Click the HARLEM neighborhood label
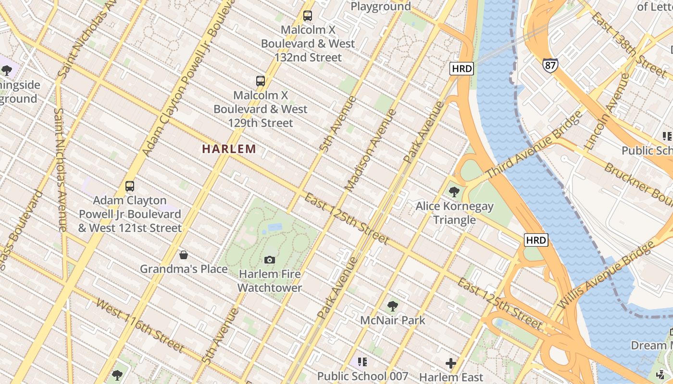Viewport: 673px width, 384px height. coord(229,149)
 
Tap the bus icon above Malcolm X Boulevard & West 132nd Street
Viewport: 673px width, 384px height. coord(308,16)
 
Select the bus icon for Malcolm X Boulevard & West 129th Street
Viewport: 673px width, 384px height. coord(260,81)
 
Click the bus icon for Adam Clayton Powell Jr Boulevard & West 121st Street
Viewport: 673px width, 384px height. coord(129,186)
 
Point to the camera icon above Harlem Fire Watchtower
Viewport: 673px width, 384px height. coord(270,260)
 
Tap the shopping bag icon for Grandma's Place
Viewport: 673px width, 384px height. coord(183,254)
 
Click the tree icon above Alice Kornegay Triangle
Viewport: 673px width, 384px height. coord(454,192)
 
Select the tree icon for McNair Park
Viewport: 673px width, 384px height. coord(393,305)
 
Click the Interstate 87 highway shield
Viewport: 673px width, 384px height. coord(550,65)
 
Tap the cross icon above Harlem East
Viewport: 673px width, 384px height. coord(451,363)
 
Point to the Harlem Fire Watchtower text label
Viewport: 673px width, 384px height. coord(270,281)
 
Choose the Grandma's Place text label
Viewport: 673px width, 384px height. coord(184,269)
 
